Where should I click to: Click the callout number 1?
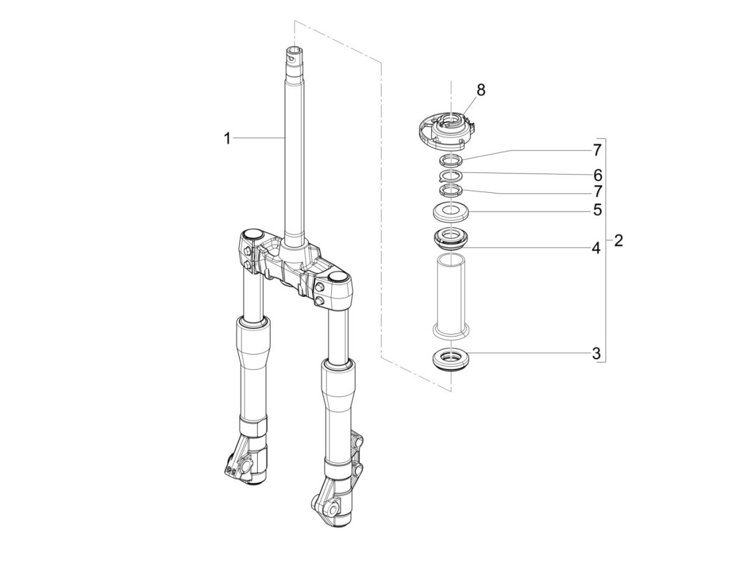227,139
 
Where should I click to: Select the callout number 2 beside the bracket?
618,241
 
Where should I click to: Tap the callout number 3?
596,354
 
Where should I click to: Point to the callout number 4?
596,248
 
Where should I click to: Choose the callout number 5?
597,210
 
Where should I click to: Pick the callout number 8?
481,90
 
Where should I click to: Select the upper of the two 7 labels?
597,151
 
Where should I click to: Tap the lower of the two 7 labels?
597,191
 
